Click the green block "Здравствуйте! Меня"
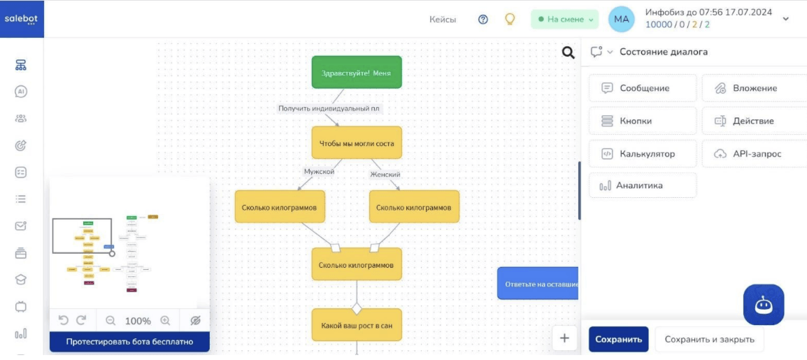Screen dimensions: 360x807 click(x=357, y=72)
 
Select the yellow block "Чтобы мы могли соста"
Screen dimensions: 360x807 click(x=357, y=143)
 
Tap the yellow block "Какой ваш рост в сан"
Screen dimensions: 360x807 click(x=357, y=325)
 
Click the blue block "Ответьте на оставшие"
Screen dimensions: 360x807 click(x=538, y=284)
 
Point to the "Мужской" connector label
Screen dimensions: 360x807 click(x=319, y=171)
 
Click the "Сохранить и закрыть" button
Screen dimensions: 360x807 click(x=709, y=340)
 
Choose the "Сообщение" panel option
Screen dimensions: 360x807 click(x=643, y=88)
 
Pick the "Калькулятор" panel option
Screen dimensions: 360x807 click(x=643, y=154)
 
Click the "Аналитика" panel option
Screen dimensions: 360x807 click(x=643, y=186)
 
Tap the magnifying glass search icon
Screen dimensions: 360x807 click(x=569, y=52)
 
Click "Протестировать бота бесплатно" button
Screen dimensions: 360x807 click(x=129, y=342)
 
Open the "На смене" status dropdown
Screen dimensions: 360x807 click(x=565, y=20)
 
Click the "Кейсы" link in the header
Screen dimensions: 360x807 click(x=443, y=20)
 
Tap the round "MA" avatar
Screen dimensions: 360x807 click(x=622, y=20)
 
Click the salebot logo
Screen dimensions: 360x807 click(x=22, y=19)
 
